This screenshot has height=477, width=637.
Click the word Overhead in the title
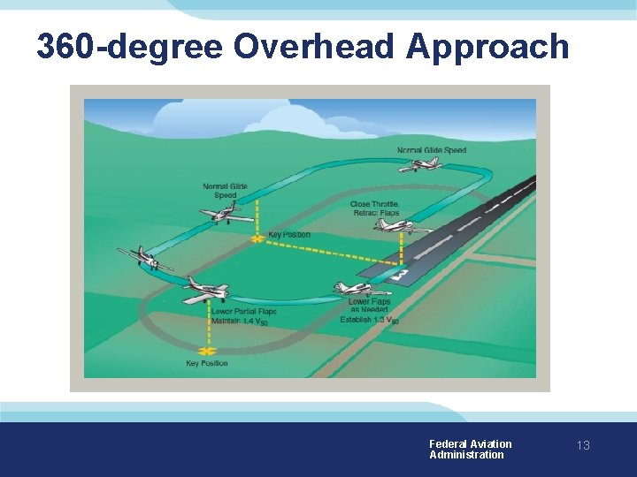pos(315,46)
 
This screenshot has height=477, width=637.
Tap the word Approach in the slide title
pos(487,48)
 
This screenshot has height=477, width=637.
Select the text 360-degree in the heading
pos(129,47)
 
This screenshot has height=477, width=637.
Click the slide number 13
pos(583,446)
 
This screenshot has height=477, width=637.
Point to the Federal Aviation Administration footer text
pos(470,449)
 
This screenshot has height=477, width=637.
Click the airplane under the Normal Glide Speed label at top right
pos(421,163)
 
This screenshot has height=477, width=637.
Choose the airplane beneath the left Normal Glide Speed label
pos(226,214)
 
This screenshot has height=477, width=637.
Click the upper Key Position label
pos(289,235)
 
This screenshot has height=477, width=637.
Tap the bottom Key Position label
pos(206,363)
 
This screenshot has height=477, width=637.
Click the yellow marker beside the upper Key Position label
pos(257,238)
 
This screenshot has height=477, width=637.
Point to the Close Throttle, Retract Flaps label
pos(374,208)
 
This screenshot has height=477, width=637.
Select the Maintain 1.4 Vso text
pos(239,322)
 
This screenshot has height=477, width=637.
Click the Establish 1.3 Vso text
pos(369,320)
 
